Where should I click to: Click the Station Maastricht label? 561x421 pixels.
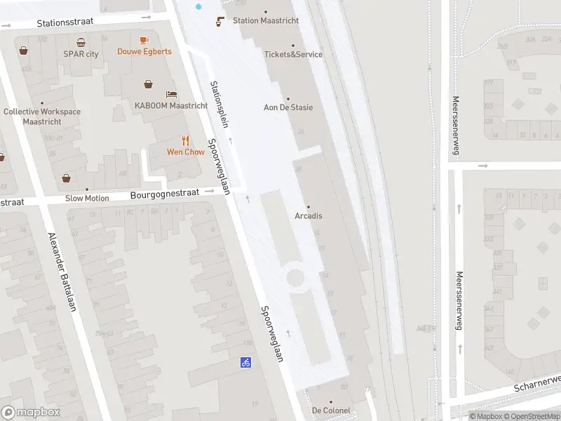tap(266, 20)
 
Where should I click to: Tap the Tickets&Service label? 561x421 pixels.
tap(293, 54)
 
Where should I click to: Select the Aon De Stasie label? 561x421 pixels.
tap(289, 107)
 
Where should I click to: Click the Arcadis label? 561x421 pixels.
tap(309, 215)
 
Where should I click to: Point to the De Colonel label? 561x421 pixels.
tap(331, 410)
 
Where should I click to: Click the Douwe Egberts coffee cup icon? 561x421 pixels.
tap(144, 41)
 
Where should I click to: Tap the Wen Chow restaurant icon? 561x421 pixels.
tap(185, 140)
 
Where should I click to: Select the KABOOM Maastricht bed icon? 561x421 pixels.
tap(171, 95)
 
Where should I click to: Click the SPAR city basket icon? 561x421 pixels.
tap(81, 43)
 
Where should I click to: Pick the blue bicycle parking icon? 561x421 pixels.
tap(245, 362)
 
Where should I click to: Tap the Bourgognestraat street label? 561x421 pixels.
tap(165, 192)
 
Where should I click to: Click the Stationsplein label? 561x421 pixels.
tap(219, 104)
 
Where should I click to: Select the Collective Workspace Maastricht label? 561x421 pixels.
tap(42, 116)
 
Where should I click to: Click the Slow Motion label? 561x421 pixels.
tap(87, 198)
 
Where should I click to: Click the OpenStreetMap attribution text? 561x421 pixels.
tap(530, 416)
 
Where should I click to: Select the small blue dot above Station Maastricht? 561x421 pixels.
tap(198, 6)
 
